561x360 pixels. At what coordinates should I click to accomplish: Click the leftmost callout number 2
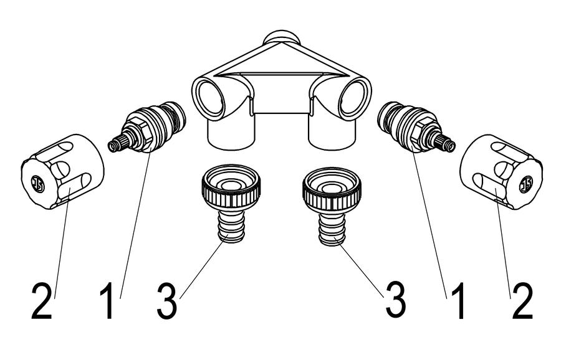[x=42, y=301]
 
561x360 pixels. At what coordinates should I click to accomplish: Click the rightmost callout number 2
[x=522, y=301]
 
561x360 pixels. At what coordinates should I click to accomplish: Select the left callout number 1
[x=107, y=301]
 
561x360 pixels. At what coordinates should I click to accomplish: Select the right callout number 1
[x=458, y=301]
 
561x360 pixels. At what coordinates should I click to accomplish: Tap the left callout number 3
[x=166, y=301]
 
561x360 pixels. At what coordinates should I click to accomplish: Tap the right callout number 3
[x=395, y=301]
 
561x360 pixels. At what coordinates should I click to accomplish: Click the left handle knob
[x=62, y=172]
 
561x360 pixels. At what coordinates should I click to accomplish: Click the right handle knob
[x=501, y=172]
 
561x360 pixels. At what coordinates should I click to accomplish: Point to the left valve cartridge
[x=146, y=127]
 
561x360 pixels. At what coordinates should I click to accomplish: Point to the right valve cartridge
[x=416, y=127]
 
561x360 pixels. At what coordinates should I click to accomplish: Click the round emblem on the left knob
[x=38, y=184]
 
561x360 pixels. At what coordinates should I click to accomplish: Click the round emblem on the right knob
[x=525, y=184]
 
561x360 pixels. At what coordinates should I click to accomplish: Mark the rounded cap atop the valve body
[x=282, y=37]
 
